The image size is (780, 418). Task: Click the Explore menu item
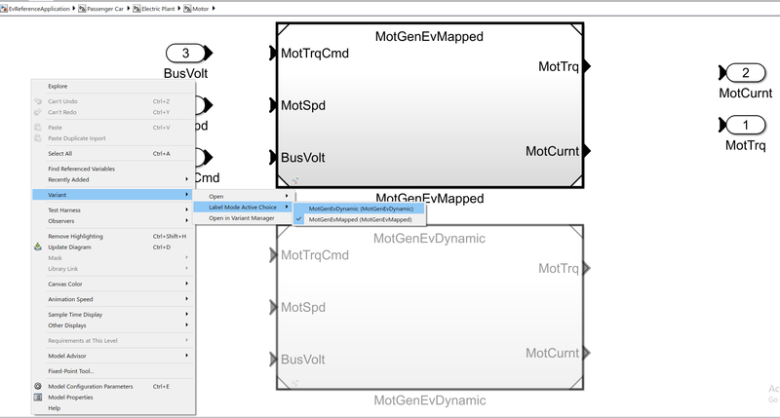[58, 86]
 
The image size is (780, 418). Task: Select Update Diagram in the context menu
[70, 247]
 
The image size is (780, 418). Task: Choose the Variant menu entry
[58, 195]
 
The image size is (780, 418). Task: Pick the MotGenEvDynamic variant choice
[361, 209]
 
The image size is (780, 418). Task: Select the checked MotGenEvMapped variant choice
[360, 220]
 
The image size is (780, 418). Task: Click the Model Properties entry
[70, 397]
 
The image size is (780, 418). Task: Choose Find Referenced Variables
[81, 169]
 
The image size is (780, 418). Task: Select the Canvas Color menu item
[66, 284]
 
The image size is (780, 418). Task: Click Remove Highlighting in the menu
[75, 236]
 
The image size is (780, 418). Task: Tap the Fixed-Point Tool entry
[71, 370]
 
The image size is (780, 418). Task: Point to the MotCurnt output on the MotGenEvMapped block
[553, 151]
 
